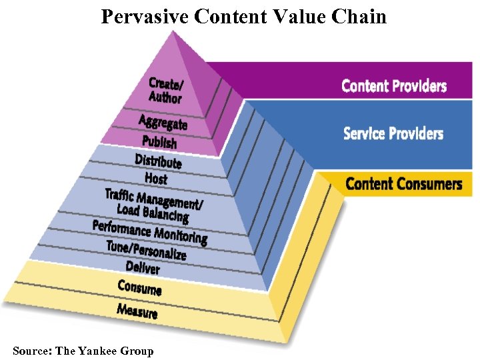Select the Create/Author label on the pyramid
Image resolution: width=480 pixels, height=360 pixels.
tap(165, 90)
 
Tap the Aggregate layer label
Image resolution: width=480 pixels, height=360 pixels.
tap(163, 122)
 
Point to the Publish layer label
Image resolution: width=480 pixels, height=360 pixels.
tap(159, 142)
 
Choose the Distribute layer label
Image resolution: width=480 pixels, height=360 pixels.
tap(158, 161)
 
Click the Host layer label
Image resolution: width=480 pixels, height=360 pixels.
tap(156, 178)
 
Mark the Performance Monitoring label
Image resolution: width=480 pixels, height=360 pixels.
tap(150, 231)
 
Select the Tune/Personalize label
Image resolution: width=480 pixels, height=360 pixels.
tap(146, 250)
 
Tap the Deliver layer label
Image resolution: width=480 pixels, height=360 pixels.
tap(143, 268)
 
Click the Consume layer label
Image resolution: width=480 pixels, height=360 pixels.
tap(139, 288)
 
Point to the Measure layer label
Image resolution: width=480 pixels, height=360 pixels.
tap(137, 310)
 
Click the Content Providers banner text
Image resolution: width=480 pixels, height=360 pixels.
tap(394, 85)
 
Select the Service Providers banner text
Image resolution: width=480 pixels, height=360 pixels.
tap(393, 133)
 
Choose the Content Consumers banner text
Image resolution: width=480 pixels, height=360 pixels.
tap(403, 183)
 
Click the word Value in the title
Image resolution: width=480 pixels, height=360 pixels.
tap(296, 16)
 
